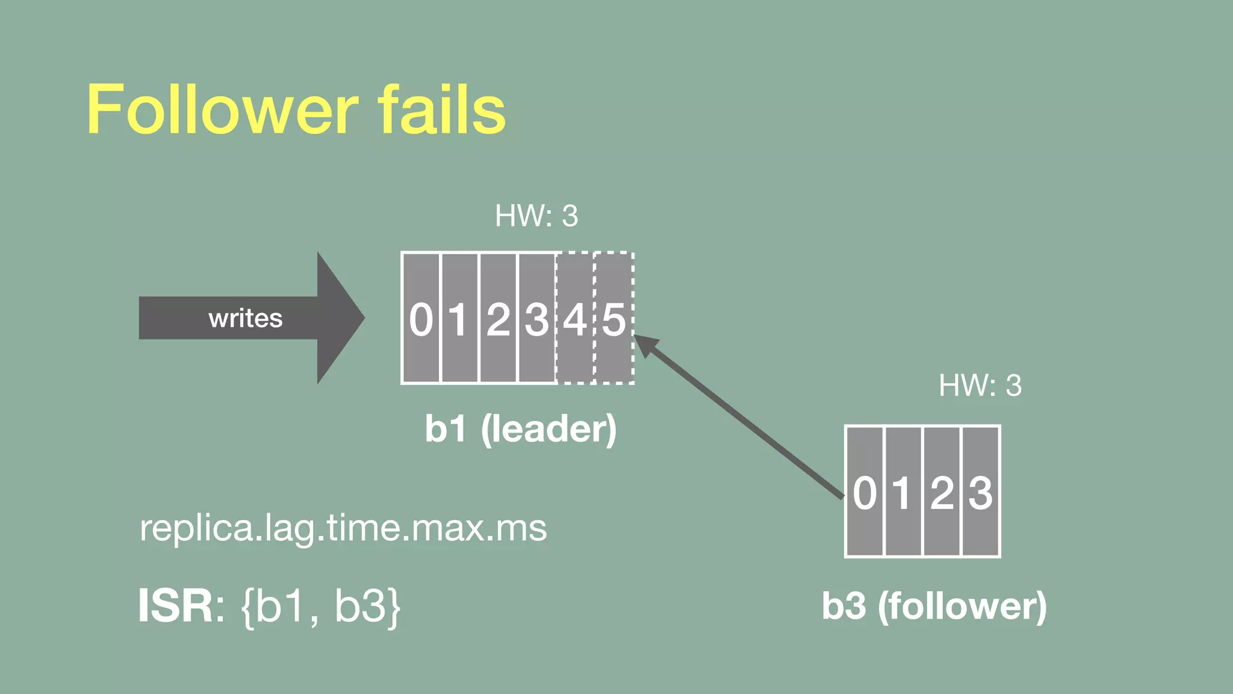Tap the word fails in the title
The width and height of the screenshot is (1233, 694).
point(441,110)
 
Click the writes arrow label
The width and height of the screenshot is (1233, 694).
point(245,318)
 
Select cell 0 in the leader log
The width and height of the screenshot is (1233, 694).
point(421,318)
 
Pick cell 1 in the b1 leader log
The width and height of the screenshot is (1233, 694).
point(459,318)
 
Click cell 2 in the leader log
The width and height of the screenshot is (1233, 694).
point(498,318)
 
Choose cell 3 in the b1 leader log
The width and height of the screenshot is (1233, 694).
point(536,318)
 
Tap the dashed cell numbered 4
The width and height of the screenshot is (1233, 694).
point(575,318)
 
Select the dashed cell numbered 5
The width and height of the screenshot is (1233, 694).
point(614,318)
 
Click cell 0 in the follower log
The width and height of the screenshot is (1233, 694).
point(865,492)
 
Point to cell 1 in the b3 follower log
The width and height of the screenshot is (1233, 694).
point(903,492)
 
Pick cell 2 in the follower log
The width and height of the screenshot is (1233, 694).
point(942,492)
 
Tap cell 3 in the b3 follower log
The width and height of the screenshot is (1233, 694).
point(981,492)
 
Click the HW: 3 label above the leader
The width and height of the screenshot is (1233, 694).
point(536,216)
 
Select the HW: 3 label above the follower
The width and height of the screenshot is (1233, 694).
point(980,386)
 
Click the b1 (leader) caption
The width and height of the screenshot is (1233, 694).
point(521,429)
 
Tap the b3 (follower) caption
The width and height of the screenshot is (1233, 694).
point(934,606)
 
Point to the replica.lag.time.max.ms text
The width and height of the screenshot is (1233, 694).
point(343,528)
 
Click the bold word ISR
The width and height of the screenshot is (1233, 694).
point(175,606)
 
